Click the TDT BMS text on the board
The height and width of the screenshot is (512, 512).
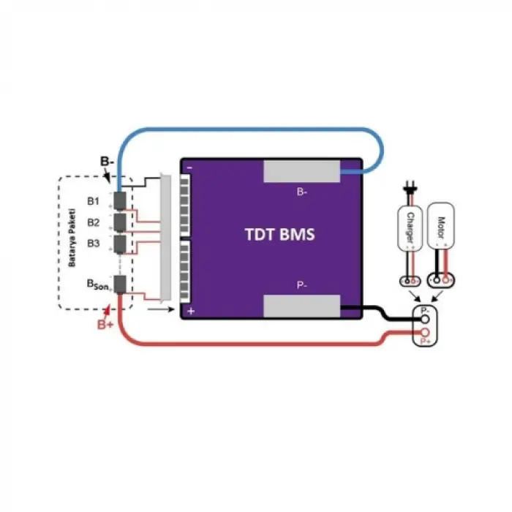click(x=280, y=236)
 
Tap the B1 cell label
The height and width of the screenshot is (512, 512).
click(x=93, y=200)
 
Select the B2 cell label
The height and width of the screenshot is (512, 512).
click(x=93, y=222)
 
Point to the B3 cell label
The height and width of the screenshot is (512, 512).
click(x=93, y=243)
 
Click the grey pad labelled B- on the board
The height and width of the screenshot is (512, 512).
click(x=302, y=172)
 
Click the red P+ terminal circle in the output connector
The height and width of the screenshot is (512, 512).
click(x=422, y=334)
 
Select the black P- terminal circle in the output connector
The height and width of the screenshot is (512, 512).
click(x=422, y=319)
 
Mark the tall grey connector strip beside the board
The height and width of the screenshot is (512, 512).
click(x=165, y=238)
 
